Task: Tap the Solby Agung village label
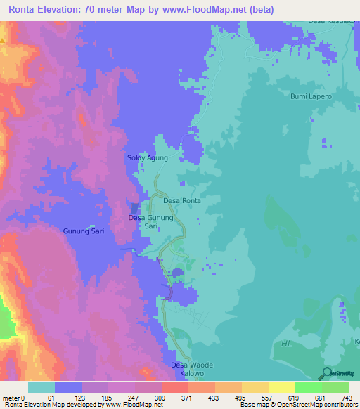pos(147,158)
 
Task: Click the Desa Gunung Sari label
pos(150,222)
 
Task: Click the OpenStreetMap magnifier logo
pos(326,373)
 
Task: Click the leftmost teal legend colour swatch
pos(41,387)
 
